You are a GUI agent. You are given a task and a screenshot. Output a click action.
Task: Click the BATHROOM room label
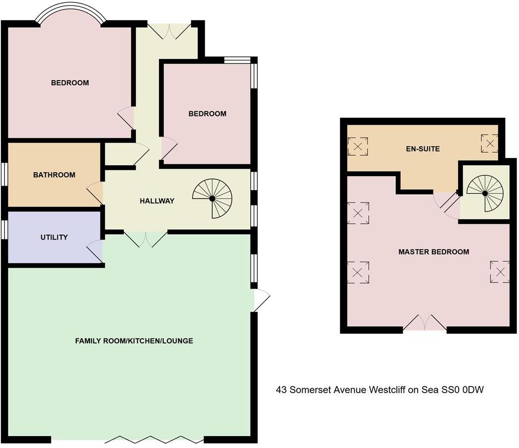coord(54,175)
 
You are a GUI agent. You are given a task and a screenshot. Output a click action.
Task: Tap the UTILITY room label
coord(54,237)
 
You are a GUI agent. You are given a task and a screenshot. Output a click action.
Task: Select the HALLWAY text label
coord(157,201)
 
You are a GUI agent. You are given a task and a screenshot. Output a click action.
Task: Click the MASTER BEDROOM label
coord(433,252)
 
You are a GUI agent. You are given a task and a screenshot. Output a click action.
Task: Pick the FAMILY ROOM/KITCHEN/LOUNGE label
coord(134,341)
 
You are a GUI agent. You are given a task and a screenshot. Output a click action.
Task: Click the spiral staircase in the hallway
coord(212,199)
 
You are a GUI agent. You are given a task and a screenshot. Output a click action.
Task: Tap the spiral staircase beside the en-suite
coord(485,193)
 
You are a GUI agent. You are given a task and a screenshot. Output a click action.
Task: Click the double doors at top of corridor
coord(170,31)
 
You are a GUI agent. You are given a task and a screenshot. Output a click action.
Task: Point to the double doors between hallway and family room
coord(145,239)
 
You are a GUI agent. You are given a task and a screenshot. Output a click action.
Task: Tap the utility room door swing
coord(95,250)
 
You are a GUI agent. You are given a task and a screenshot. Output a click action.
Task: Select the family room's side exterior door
coord(261,300)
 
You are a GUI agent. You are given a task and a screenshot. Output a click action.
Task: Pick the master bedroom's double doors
coord(425,323)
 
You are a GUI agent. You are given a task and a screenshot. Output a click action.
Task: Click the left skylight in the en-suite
coord(358,146)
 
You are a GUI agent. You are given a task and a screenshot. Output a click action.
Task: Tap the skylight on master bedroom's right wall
coord(500,272)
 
